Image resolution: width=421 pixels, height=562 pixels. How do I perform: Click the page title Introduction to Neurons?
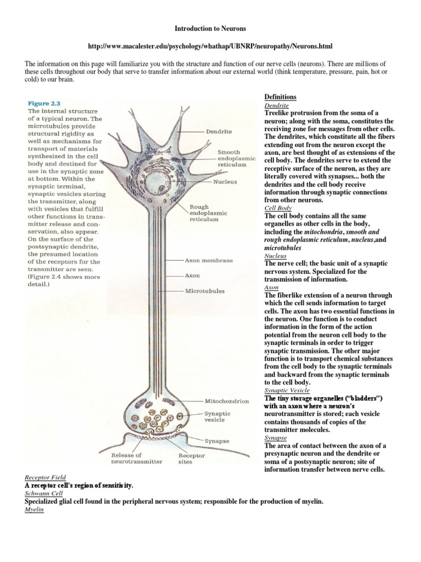click(210, 27)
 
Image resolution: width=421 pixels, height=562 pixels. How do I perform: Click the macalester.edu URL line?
click(210, 46)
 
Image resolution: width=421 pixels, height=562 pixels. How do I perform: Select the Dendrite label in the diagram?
click(219, 132)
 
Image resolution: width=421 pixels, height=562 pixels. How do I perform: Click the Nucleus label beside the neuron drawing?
click(225, 181)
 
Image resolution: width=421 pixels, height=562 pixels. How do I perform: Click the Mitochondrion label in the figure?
click(226, 401)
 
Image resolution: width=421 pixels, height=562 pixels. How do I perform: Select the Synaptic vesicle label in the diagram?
click(218, 417)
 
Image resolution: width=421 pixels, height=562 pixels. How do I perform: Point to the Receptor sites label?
click(192, 458)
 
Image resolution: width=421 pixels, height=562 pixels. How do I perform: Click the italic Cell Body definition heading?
click(278, 209)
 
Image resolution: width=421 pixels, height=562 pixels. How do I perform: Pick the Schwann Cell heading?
click(43, 494)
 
